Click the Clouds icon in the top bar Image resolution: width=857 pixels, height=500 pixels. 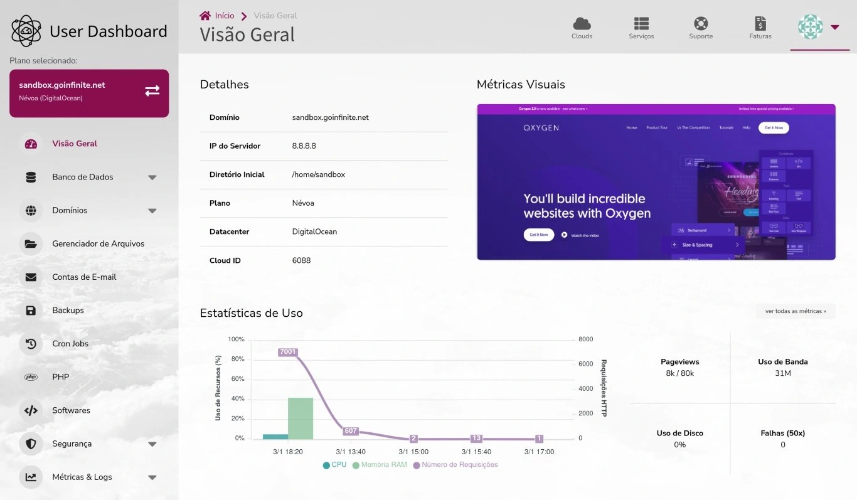tap(582, 24)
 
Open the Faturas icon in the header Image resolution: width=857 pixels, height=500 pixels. tap(760, 24)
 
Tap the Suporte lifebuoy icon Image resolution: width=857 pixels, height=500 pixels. tap(701, 24)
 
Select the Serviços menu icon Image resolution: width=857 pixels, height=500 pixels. tap(641, 24)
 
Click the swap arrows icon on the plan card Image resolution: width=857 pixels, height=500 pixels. tap(152, 91)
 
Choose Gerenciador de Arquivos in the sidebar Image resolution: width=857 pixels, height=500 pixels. tap(98, 243)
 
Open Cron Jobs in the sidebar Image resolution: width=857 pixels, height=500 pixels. tap(70, 344)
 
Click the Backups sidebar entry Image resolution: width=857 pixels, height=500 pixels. tap(68, 311)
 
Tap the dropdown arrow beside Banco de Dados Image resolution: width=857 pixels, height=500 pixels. tap(152, 178)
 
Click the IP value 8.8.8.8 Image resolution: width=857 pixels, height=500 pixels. tap(304, 146)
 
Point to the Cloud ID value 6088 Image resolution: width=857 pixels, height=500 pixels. tap(301, 260)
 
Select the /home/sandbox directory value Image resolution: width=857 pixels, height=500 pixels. tap(319, 174)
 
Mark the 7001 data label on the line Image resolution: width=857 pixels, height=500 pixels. tap(288, 352)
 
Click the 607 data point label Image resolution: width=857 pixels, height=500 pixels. tap(351, 431)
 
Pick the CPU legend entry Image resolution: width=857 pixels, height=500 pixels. tap(334, 465)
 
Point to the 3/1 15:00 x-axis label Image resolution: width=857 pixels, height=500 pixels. tap(413, 452)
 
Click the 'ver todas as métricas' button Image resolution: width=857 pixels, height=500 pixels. tap(796, 311)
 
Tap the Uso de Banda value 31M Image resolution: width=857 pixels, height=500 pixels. tap(782, 373)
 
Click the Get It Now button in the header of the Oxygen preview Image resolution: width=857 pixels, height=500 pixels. tap(774, 127)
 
